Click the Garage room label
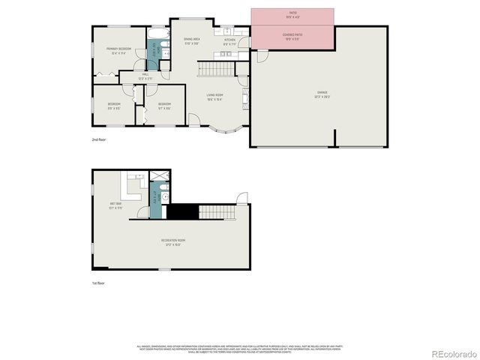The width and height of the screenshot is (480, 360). pos(321,94)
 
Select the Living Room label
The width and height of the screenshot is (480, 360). pos(215,97)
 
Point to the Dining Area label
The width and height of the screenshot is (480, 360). pos(192,40)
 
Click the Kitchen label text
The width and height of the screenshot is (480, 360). pos(229,42)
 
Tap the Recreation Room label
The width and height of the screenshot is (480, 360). pos(173,241)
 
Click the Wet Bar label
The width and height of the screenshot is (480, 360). pos(115,205)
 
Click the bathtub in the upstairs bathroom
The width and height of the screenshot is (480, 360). pos(158,34)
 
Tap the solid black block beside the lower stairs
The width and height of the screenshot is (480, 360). pos(181,211)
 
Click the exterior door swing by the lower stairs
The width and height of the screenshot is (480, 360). pos(242,199)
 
